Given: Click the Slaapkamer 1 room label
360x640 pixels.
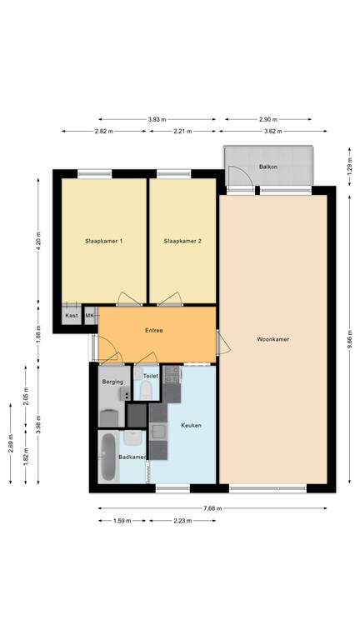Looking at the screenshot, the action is point(103,241).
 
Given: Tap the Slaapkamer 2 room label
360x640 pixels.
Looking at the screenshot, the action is point(182,241).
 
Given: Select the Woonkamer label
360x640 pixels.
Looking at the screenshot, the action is point(273,339).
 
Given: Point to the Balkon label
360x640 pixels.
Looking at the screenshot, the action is point(268,167).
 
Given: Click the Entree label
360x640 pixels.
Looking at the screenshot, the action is point(154,331).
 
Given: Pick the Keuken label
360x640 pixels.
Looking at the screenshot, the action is point(192,425).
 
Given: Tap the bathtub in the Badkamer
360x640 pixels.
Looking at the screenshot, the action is point(108,457).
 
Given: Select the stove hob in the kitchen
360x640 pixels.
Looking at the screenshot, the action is point(172,375).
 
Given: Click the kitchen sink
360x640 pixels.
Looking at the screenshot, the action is point(158,431).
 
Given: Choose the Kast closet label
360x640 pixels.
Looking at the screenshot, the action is point(72,316).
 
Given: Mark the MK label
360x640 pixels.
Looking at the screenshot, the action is point(89,316).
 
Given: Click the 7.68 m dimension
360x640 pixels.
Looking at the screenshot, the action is point(213,508).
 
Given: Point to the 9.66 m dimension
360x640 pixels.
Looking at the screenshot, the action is point(349,340).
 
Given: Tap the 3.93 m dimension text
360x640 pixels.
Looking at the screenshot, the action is point(157,120).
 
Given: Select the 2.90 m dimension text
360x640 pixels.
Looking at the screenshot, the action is point(268,120).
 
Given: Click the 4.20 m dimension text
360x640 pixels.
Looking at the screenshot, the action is point(38,242).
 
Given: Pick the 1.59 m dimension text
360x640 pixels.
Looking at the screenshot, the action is point(122,521).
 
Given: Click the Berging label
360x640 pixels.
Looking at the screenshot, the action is point(112,382).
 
